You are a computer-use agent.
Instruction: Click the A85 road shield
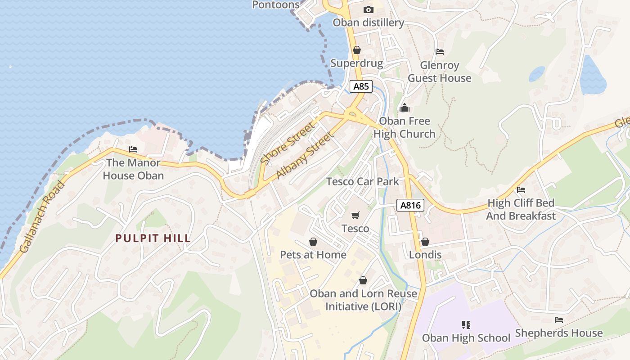point(361,86)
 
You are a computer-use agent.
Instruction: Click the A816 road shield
point(411,206)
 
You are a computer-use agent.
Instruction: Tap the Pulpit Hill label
point(153,238)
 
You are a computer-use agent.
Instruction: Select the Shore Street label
point(288,143)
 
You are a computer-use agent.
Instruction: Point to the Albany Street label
point(305,155)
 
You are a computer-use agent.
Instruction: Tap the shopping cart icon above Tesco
point(355,216)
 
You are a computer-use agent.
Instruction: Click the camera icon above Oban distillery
point(368,9)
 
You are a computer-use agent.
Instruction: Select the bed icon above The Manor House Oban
point(133,149)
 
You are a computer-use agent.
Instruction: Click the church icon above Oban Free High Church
point(404,108)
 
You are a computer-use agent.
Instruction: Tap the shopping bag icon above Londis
point(425,242)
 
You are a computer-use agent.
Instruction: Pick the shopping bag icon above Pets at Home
point(313,242)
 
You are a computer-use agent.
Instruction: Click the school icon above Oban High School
point(466,324)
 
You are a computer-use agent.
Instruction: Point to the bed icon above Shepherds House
point(558,320)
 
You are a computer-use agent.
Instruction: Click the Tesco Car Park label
point(363,181)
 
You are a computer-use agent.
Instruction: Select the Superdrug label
point(356,63)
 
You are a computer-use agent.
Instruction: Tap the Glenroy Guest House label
point(439,72)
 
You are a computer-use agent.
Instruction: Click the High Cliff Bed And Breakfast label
point(521,209)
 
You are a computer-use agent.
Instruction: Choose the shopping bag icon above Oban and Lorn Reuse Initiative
point(363,280)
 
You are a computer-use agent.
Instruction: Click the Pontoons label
point(275,5)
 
